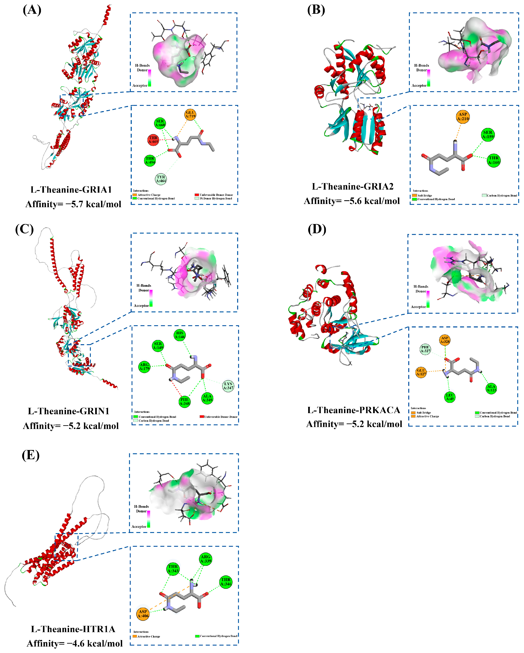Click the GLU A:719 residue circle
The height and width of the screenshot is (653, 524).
(x=190, y=115)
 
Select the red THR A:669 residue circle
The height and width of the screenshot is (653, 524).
(x=153, y=140)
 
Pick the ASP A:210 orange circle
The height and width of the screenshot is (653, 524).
(x=463, y=117)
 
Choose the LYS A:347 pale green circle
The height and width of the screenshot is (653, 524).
(x=228, y=386)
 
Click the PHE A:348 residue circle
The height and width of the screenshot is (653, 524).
(x=185, y=402)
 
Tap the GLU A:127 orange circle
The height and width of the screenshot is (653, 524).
(x=421, y=372)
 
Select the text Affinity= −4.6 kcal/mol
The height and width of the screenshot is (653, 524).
(x=75, y=643)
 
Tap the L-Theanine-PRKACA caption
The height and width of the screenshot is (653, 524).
(x=354, y=410)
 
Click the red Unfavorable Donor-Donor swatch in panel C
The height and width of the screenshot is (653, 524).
(x=202, y=417)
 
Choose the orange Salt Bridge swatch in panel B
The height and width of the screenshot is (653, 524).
(x=414, y=195)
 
